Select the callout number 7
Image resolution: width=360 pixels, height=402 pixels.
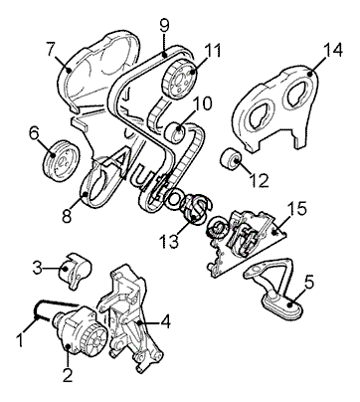pyautogui.click(x=51, y=50)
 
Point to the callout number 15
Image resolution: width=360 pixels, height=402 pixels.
pyautogui.click(x=296, y=210)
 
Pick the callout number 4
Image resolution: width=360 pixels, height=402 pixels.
pyautogui.click(x=164, y=321)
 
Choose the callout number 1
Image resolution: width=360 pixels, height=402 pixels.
pyautogui.click(x=21, y=340)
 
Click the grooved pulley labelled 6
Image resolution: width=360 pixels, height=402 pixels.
pyautogui.click(x=62, y=160)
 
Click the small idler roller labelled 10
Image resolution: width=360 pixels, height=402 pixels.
pyautogui.click(x=176, y=131)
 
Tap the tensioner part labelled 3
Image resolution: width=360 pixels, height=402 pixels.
pyautogui.click(x=75, y=270)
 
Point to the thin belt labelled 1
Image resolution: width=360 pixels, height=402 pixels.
pyautogui.click(x=57, y=303)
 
